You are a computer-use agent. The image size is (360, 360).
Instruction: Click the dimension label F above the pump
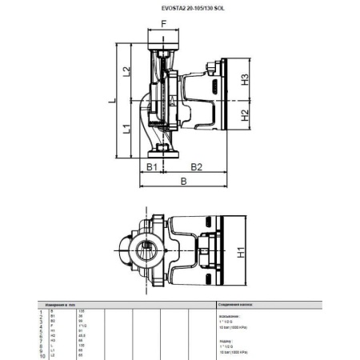point(163,23)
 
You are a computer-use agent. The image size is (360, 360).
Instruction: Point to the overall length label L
point(111,101)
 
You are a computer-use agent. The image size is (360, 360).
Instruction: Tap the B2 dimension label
point(196,167)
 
